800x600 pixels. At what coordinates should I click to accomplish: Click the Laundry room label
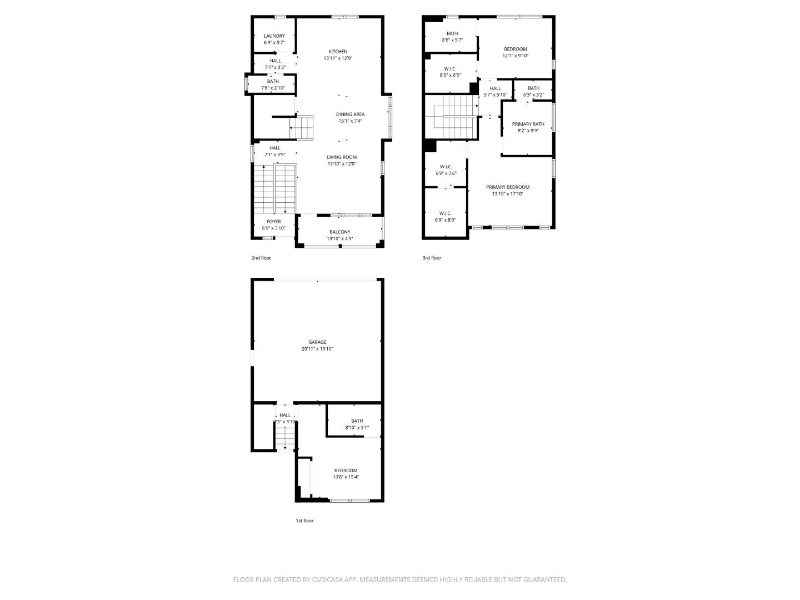pyautogui.click(x=274, y=36)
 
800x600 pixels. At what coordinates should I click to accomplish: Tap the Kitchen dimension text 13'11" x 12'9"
pyautogui.click(x=338, y=58)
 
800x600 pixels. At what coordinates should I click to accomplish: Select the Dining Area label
pyautogui.click(x=350, y=114)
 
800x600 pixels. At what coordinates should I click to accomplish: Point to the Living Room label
pyautogui.click(x=342, y=157)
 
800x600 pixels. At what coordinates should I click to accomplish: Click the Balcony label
pyautogui.click(x=339, y=232)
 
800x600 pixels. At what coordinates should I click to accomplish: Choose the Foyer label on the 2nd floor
pyautogui.click(x=273, y=222)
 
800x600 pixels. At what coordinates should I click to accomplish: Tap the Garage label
pyautogui.click(x=317, y=342)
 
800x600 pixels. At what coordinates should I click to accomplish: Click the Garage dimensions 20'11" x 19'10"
pyautogui.click(x=317, y=349)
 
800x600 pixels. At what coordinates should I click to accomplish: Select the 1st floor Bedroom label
pyautogui.click(x=346, y=471)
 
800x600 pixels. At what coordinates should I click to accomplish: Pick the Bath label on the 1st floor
pyautogui.click(x=357, y=421)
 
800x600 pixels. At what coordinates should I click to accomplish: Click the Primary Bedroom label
pyautogui.click(x=507, y=187)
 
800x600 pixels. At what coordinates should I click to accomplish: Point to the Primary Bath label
pyautogui.click(x=528, y=124)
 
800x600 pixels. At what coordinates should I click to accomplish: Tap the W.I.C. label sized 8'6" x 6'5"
pyautogui.click(x=450, y=69)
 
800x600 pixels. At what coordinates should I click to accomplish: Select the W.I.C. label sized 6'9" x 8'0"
pyautogui.click(x=445, y=213)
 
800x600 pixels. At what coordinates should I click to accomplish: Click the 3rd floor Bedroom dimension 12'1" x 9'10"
pyautogui.click(x=515, y=56)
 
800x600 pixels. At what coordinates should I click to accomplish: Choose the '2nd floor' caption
pyautogui.click(x=261, y=258)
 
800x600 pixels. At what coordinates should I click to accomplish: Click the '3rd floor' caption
pyautogui.click(x=432, y=258)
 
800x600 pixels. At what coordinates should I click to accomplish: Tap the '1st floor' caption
pyautogui.click(x=304, y=521)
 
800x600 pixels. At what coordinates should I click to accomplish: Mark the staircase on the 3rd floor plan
pyautogui.click(x=451, y=117)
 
